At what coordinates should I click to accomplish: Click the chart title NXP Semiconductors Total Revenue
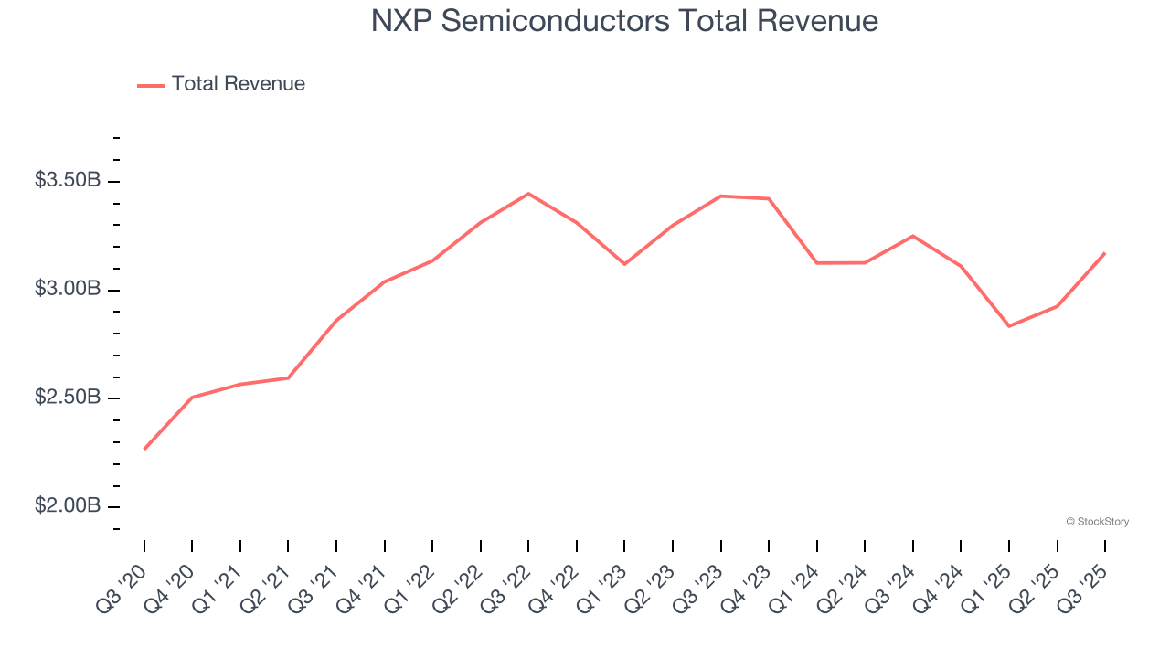(624, 21)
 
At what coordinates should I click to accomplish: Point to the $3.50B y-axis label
(68, 180)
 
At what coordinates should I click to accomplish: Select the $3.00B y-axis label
(68, 289)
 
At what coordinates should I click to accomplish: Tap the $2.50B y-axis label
(68, 398)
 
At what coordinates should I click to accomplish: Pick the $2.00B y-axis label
(68, 506)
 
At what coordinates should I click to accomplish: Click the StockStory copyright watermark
(1097, 522)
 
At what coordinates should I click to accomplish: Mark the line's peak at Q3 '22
(528, 194)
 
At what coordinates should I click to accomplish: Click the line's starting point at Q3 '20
(144, 449)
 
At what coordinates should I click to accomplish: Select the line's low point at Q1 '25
(1009, 326)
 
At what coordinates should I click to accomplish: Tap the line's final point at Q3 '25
(1104, 253)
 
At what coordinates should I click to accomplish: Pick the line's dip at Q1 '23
(624, 264)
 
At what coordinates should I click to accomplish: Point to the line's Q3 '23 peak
(721, 196)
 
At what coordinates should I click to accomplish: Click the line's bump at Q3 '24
(913, 236)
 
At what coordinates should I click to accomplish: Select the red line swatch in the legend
(151, 85)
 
